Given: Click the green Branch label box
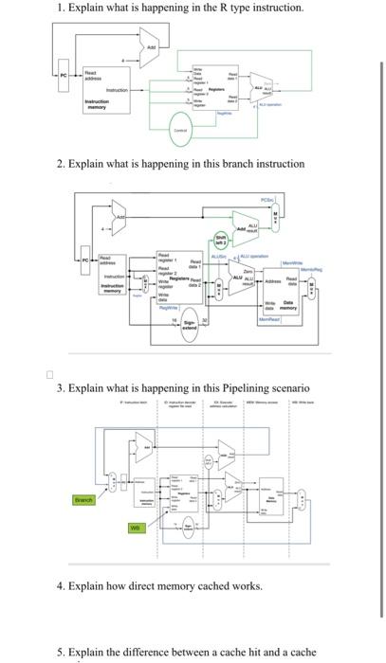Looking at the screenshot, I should pos(84,499).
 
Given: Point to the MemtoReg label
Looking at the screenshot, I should pos(315,269).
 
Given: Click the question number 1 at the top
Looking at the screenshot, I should pos(60,8).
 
